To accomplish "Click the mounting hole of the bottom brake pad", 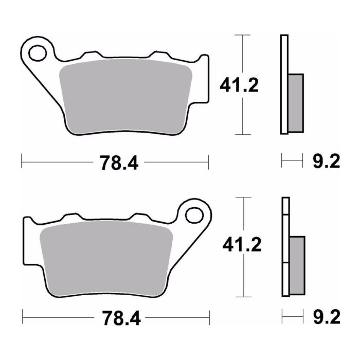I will point(194,213).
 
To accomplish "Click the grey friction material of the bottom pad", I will point(105,257).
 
